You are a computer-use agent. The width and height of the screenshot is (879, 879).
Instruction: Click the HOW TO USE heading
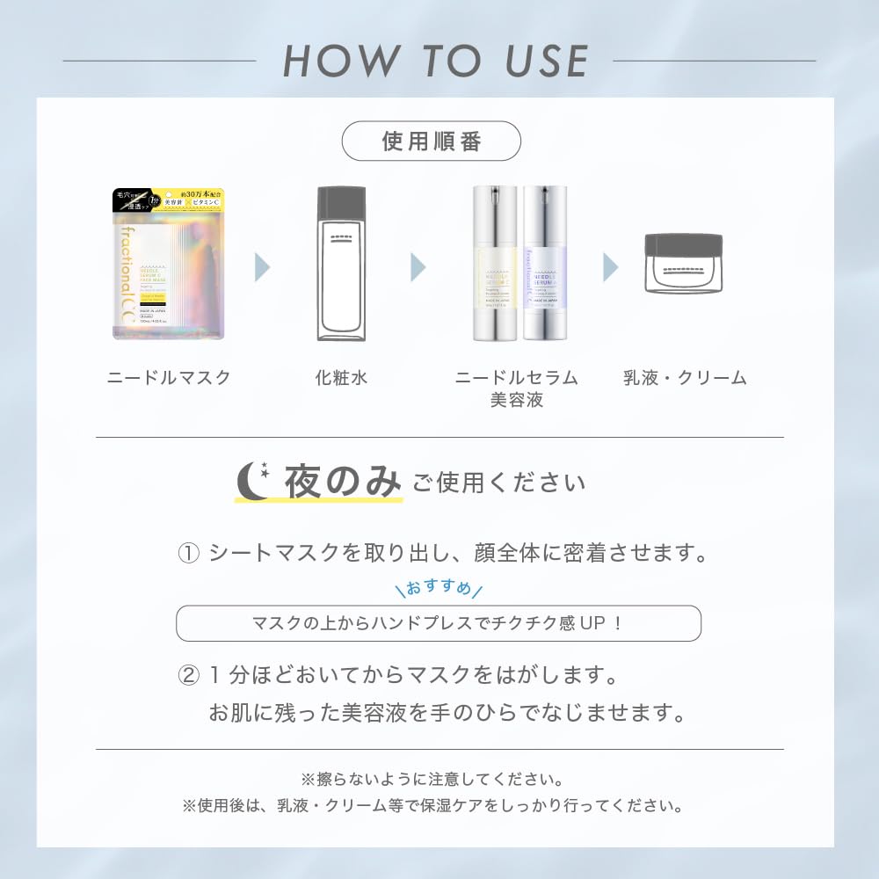pyautogui.click(x=435, y=61)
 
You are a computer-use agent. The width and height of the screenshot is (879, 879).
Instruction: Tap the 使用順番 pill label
pyautogui.click(x=431, y=141)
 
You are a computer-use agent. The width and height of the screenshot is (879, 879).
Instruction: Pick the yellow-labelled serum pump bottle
pyautogui.click(x=495, y=264)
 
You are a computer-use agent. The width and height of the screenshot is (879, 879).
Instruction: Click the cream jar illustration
pyautogui.click(x=683, y=263)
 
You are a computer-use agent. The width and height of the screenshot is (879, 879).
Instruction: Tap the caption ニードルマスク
pyautogui.click(x=169, y=378)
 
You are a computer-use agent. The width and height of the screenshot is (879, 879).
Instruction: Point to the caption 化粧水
pyautogui.click(x=340, y=378)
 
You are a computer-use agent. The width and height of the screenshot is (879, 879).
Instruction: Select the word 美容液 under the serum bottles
pyautogui.click(x=517, y=400)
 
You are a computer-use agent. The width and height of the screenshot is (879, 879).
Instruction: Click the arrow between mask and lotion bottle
pyautogui.click(x=262, y=265)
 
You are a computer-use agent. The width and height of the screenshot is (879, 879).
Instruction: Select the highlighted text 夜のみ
pyautogui.click(x=342, y=483)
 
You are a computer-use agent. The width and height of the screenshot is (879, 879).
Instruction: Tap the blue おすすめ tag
pyautogui.click(x=439, y=587)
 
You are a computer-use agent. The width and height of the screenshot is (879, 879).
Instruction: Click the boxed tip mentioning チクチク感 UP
pyautogui.click(x=439, y=623)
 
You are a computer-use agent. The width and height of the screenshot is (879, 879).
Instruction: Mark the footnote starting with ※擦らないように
pyautogui.click(x=432, y=779)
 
